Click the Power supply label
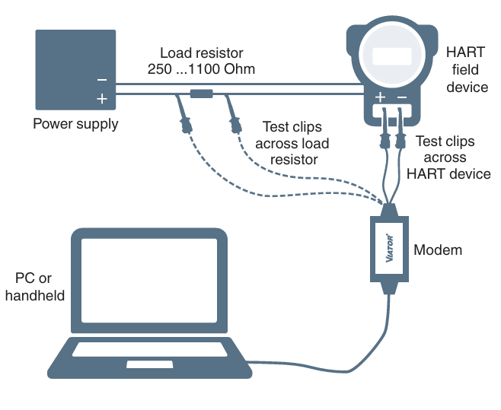75,123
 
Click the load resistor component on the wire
202,94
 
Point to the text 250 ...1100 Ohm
202,69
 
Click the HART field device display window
391,57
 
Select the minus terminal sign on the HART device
402,98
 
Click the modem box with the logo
391,247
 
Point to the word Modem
438,249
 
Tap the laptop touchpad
149,364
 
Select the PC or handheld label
35,287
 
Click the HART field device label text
466,70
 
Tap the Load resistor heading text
202,53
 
